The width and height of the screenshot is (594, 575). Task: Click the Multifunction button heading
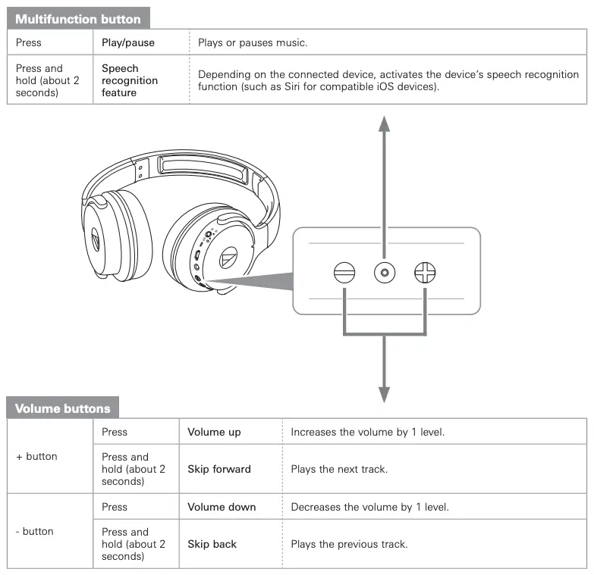tap(78, 19)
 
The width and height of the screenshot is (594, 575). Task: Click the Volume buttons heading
tap(63, 408)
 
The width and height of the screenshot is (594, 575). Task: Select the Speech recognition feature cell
tap(130, 80)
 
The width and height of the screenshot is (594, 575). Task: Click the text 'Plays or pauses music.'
tap(253, 42)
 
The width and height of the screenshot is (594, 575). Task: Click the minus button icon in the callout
tap(344, 272)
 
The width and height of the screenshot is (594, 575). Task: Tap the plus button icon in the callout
tap(425, 272)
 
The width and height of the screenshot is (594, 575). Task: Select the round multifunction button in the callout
tap(385, 272)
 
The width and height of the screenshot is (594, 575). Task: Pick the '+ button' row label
tap(36, 456)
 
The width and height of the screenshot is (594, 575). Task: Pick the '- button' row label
tap(35, 531)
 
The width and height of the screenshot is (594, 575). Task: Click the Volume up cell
tap(214, 432)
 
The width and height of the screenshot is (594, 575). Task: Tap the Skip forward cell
tap(218, 469)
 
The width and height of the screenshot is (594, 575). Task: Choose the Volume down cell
tap(222, 507)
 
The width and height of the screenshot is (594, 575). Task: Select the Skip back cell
tap(212, 544)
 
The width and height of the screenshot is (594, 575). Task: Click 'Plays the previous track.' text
tap(349, 544)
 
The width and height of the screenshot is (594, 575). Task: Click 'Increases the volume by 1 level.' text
tap(367, 432)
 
